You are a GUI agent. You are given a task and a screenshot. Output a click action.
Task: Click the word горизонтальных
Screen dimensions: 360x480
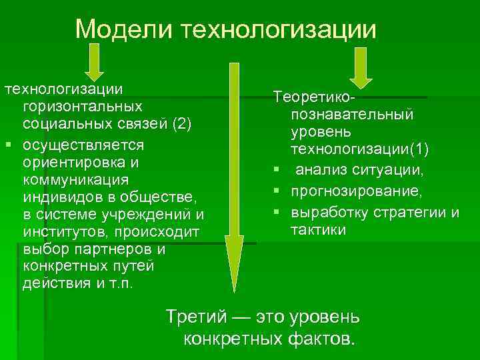click(82, 107)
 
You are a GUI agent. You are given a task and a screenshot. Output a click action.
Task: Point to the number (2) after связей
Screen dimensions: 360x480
click(181, 125)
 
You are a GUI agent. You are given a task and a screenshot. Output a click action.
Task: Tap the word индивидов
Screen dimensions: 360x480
click(57, 197)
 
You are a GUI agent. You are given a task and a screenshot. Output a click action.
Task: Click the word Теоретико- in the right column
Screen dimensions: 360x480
click(317, 98)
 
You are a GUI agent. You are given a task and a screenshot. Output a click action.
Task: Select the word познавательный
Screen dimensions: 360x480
click(351, 114)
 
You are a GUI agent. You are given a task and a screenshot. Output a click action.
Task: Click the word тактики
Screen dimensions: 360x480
click(318, 230)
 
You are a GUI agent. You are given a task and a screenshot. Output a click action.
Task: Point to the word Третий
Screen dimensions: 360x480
click(199, 314)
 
